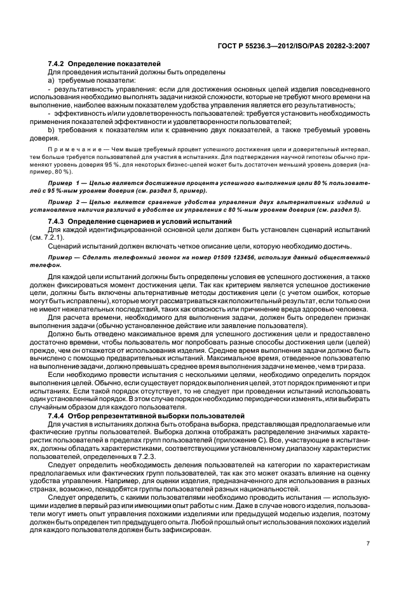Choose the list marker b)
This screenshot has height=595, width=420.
[x=51, y=130]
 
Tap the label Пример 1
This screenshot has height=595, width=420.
[x=65, y=182]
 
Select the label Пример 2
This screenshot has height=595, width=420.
[x=65, y=201]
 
